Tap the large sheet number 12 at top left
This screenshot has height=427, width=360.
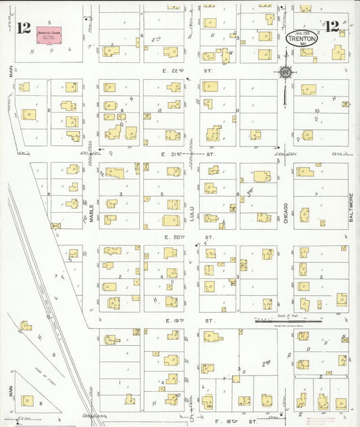24,28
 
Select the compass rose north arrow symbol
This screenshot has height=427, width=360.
286,72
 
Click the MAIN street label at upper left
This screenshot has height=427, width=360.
11,70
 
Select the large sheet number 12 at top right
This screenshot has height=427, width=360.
332,27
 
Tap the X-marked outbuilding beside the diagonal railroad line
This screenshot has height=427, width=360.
56,226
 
